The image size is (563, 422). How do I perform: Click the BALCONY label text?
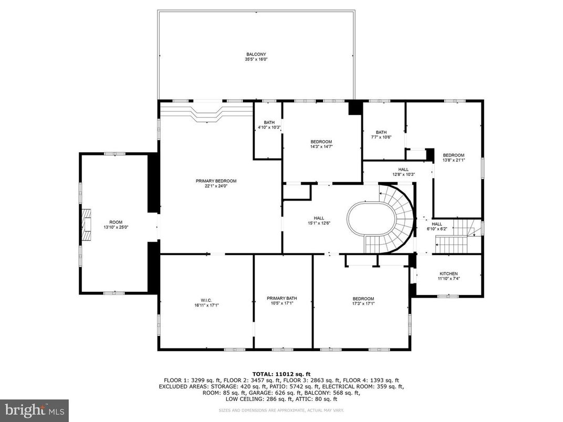coord(256,54)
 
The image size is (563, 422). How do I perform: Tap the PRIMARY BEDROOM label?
coord(216,181)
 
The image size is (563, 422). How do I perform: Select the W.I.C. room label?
coord(206,299)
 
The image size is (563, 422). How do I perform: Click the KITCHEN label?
coord(449,273)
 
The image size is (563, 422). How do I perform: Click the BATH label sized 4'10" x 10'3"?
coord(268,122)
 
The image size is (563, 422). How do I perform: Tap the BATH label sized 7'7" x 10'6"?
coord(381,132)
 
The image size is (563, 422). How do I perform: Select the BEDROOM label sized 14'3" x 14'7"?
coord(321,142)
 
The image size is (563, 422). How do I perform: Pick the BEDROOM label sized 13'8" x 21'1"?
coord(453,155)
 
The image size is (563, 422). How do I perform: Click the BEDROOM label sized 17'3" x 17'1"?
coord(363,299)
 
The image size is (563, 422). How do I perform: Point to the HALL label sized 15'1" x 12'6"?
coord(319,218)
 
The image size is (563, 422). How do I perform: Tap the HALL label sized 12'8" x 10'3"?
coord(403,169)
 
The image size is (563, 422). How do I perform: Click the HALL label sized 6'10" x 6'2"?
coord(437,224)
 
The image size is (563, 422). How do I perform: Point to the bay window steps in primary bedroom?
coord(206,112)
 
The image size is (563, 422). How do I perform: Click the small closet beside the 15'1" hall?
coord(297,192)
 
